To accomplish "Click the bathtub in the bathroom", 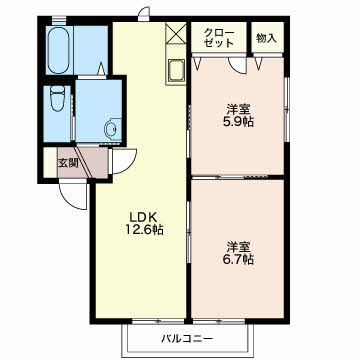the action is pyautogui.click(x=58, y=50).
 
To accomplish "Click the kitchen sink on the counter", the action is pyautogui.click(x=176, y=70).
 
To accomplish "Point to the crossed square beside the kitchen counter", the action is pyautogui.click(x=176, y=33).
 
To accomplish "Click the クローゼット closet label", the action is pyautogui.click(x=219, y=38).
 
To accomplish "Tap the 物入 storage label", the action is pyautogui.click(x=266, y=38).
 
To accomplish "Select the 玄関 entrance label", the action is pyautogui.click(x=68, y=163).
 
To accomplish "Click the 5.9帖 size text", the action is pyautogui.click(x=238, y=122).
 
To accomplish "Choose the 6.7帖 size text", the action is pyautogui.click(x=238, y=259).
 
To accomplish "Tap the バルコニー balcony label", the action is pyautogui.click(x=187, y=339).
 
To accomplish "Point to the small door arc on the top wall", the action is pyautogui.click(x=144, y=14).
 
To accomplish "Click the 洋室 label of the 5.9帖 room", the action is pyautogui.click(x=238, y=109).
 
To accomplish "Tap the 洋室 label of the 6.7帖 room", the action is pyautogui.click(x=238, y=247).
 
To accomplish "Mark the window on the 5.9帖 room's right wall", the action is pyautogui.click(x=286, y=110).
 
